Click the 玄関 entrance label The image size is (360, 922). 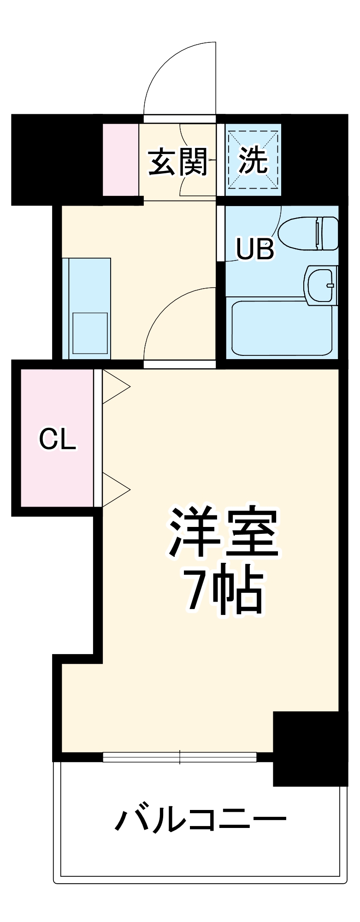(x=178, y=162)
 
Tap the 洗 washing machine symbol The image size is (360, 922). (x=253, y=160)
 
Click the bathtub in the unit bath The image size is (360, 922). (x=281, y=328)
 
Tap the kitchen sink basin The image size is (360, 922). (x=90, y=333)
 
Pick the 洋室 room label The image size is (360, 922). (x=224, y=532)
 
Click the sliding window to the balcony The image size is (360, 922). (x=179, y=757)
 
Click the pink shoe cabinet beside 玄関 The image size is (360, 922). (x=120, y=160)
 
